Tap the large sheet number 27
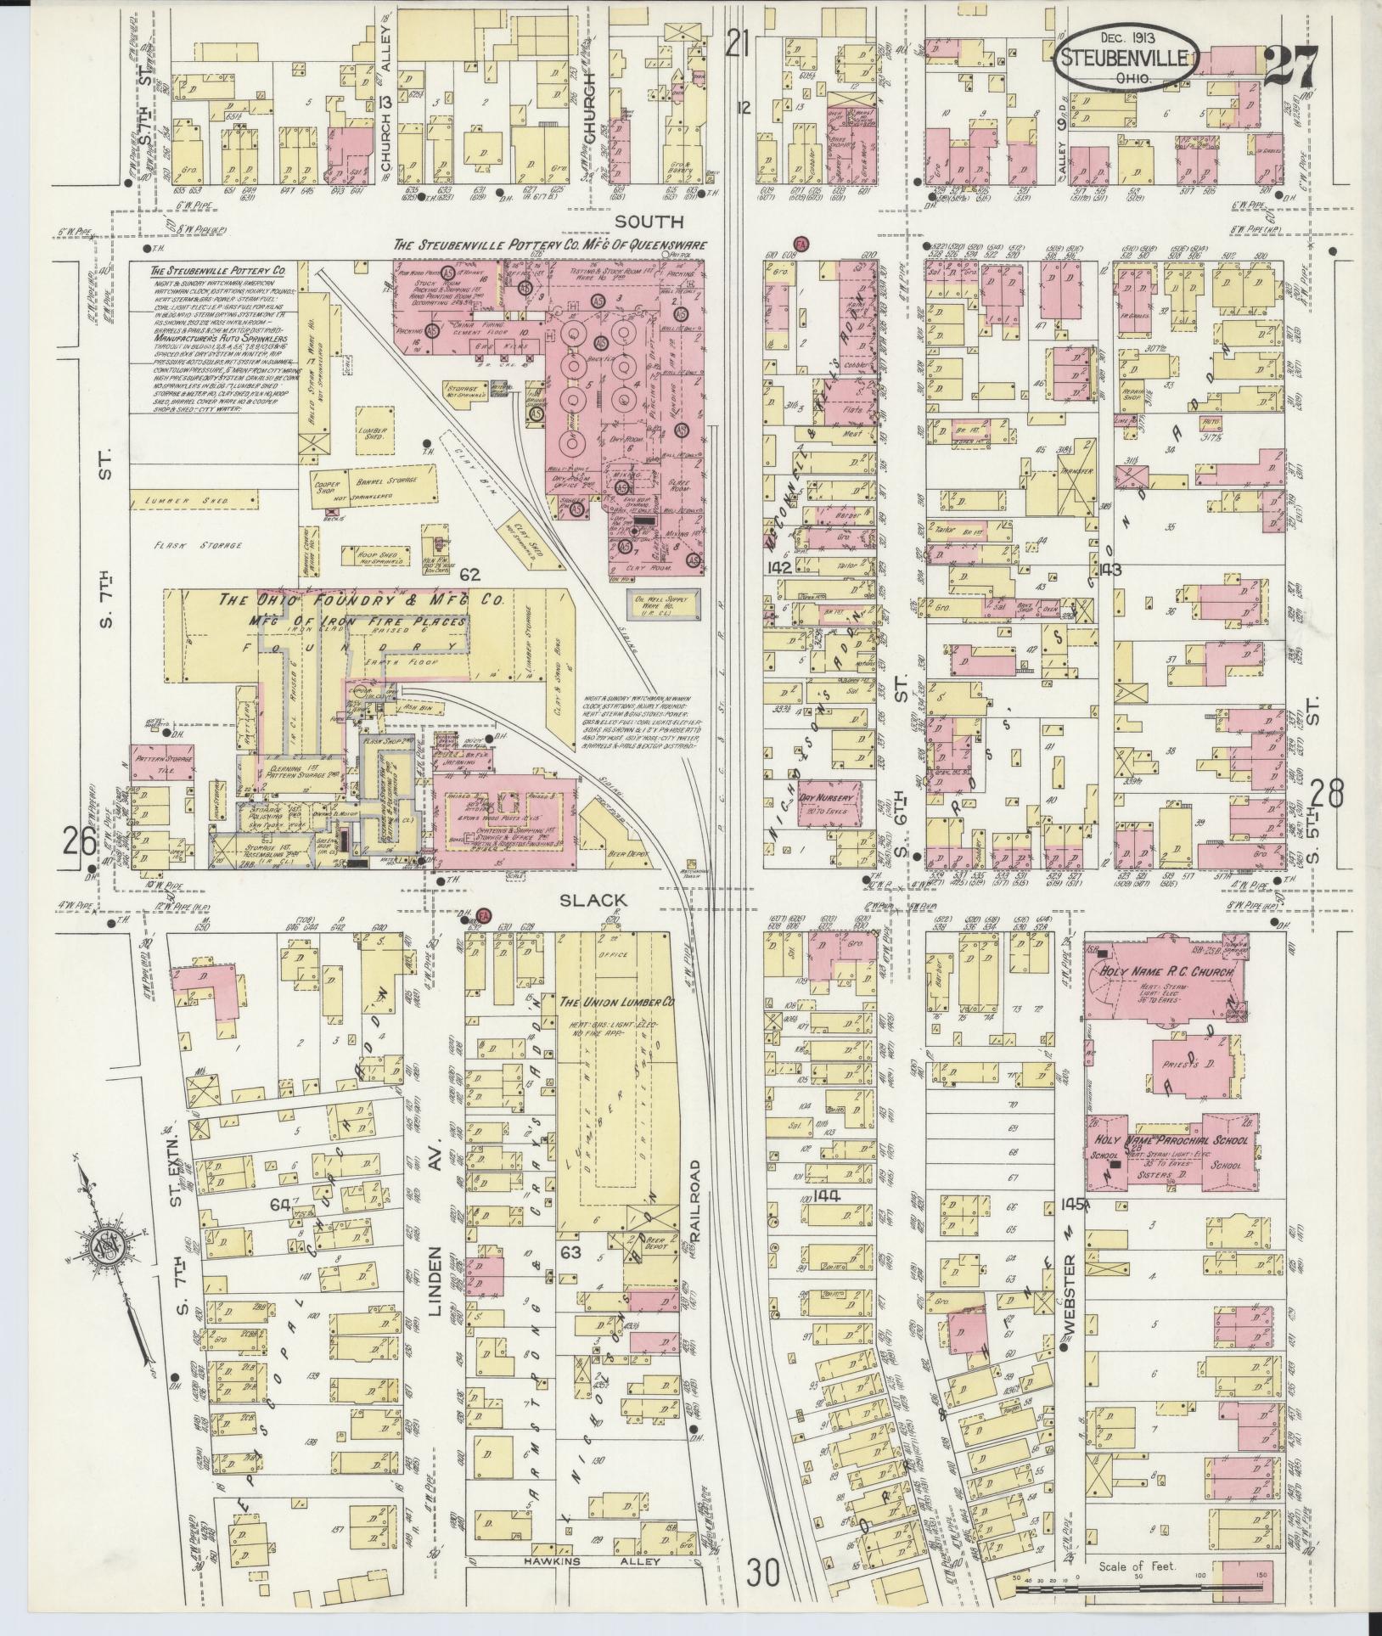click(x=1290, y=65)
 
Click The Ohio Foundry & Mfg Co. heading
click(x=361, y=599)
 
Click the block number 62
click(x=470, y=575)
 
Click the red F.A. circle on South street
click(x=799, y=244)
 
